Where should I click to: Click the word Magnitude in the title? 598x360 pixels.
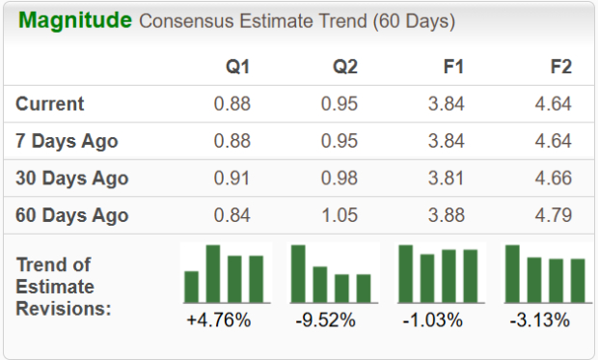[x=75, y=20]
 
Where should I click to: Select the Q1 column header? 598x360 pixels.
[x=236, y=68]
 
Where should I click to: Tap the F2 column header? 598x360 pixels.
[x=559, y=68]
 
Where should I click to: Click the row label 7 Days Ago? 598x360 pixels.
[x=67, y=141]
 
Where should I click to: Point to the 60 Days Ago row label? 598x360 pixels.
[x=72, y=215]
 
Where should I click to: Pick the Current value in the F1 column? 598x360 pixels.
[x=446, y=104]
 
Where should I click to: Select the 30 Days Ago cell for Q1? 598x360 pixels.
[x=232, y=179]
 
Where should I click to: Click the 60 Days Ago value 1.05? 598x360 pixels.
[x=340, y=215]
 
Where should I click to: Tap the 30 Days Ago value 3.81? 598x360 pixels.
[x=446, y=179]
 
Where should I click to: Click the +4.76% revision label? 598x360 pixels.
[x=218, y=319]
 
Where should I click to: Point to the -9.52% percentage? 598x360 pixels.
[x=326, y=319]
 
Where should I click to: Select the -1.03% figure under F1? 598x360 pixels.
[x=435, y=319]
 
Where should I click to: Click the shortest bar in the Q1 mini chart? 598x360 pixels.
[x=191, y=287]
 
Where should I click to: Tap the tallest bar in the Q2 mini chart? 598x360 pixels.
[x=299, y=274]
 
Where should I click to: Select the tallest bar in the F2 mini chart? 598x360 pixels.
[x=512, y=274]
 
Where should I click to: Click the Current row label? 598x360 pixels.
[x=50, y=104]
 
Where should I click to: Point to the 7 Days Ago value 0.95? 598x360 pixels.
[x=340, y=141]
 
